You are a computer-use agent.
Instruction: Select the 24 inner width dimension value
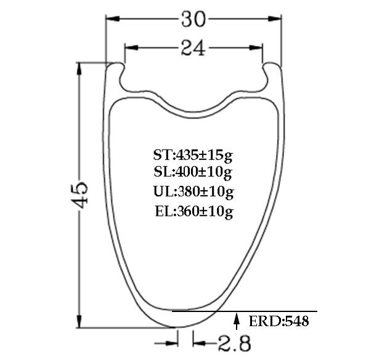pos(193,47)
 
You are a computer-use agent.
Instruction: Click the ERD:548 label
pos(278,321)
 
